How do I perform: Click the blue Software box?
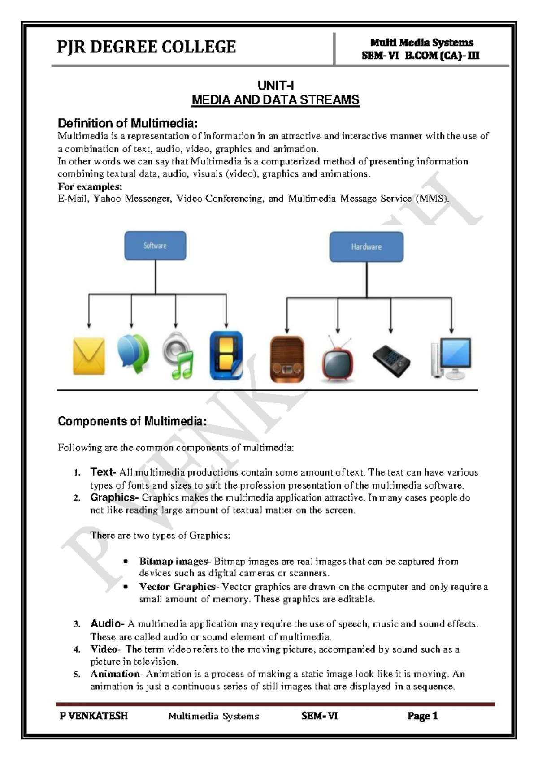[x=155, y=246]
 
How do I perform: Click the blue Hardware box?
[x=366, y=246]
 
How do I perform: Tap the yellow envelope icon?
[x=89, y=357]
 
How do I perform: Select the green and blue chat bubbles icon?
[x=133, y=354]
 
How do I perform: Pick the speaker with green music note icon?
[x=178, y=356]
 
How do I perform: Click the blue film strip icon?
[x=226, y=356]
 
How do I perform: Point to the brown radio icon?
[x=287, y=359]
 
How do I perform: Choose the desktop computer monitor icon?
[x=451, y=358]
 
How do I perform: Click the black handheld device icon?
[x=391, y=360]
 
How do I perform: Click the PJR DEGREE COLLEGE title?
[x=146, y=47]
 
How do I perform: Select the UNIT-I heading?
[x=275, y=86]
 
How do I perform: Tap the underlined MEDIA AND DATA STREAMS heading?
[x=275, y=100]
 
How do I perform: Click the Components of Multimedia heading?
[x=132, y=421]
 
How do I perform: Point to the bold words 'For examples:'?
[x=90, y=186]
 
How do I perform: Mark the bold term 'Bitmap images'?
[x=174, y=561]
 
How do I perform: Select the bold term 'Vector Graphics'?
[x=177, y=587]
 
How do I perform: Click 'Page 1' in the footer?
[x=422, y=716]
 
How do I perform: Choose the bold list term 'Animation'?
[x=115, y=674]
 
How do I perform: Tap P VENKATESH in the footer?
[x=94, y=716]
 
